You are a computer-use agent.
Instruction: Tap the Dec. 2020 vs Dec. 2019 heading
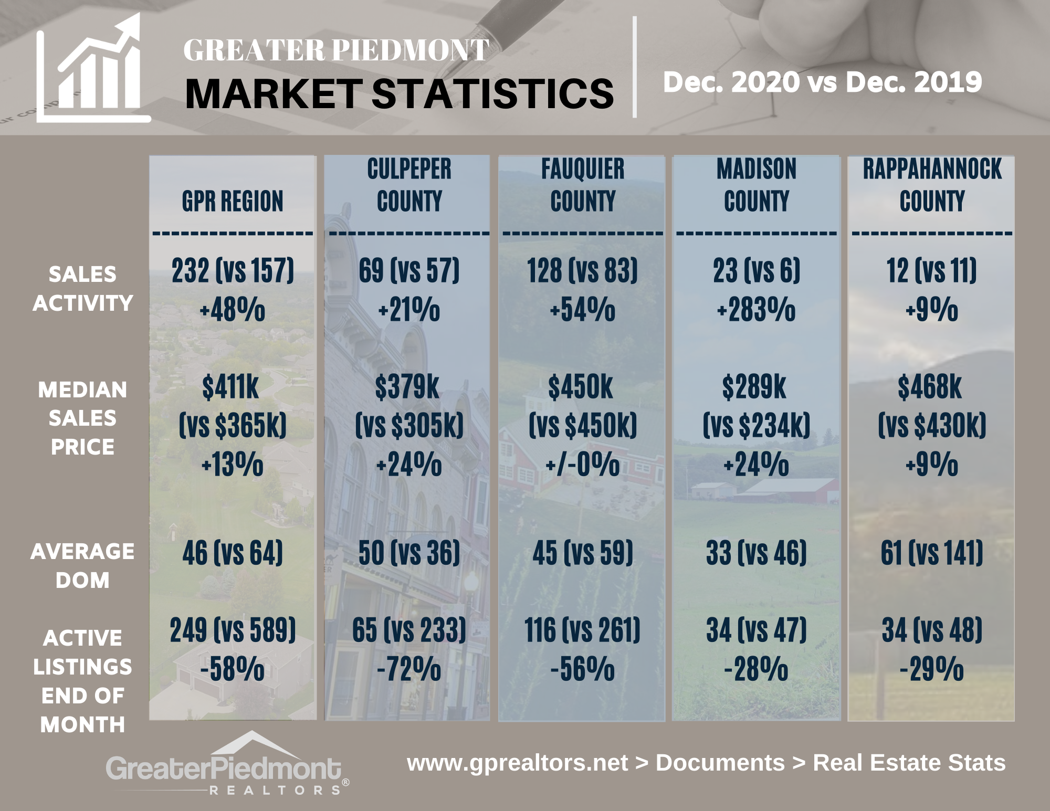(x=822, y=82)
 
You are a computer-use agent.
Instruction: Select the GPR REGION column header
(x=233, y=201)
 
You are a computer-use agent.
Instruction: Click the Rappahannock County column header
(x=932, y=185)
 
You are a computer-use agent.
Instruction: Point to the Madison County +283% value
(x=756, y=310)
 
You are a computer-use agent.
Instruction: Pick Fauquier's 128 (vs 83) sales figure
(x=582, y=271)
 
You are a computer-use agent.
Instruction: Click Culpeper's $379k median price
(x=407, y=387)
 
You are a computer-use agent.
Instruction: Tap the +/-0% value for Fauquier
(x=582, y=465)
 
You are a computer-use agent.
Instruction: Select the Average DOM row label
(x=82, y=565)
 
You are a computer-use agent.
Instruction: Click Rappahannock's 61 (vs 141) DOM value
(x=932, y=553)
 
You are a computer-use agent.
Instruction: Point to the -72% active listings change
(x=409, y=669)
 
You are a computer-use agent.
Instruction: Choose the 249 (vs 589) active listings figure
(x=233, y=630)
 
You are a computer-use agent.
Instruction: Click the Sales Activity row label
(x=82, y=288)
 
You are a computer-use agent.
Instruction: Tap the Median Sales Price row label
(x=82, y=418)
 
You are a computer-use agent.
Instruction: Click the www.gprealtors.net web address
(x=517, y=763)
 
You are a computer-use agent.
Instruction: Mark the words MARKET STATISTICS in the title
(x=399, y=93)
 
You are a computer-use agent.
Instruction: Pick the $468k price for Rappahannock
(x=930, y=387)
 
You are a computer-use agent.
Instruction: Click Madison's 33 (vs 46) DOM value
(x=756, y=553)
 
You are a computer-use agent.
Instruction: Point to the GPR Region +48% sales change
(x=233, y=310)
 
